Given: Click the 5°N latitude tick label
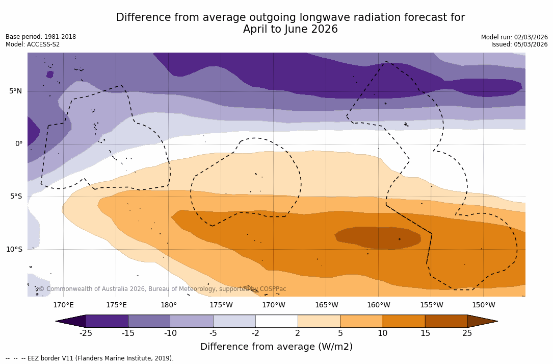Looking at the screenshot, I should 15,91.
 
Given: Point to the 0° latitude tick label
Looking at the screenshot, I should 18,144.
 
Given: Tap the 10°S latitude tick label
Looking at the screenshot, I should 14,250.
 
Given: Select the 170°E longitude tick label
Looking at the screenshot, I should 63,305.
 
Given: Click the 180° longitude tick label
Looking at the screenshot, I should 169,305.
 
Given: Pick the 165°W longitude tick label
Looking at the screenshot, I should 326,305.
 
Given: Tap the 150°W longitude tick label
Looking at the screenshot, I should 483,305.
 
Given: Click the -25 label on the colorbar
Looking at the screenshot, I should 86,333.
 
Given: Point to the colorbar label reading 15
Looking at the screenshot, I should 425,333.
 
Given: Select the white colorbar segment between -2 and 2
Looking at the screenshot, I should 276,321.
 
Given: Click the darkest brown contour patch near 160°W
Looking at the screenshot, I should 377,238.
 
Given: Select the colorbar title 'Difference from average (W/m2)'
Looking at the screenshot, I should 276,347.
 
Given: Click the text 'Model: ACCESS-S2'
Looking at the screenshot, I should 33,44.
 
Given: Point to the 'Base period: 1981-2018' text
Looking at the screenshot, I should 41,37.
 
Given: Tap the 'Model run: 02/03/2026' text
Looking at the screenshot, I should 514,37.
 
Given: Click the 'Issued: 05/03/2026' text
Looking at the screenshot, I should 519,44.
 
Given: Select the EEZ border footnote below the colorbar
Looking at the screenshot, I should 90,358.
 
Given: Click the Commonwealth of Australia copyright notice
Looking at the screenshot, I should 163,289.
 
